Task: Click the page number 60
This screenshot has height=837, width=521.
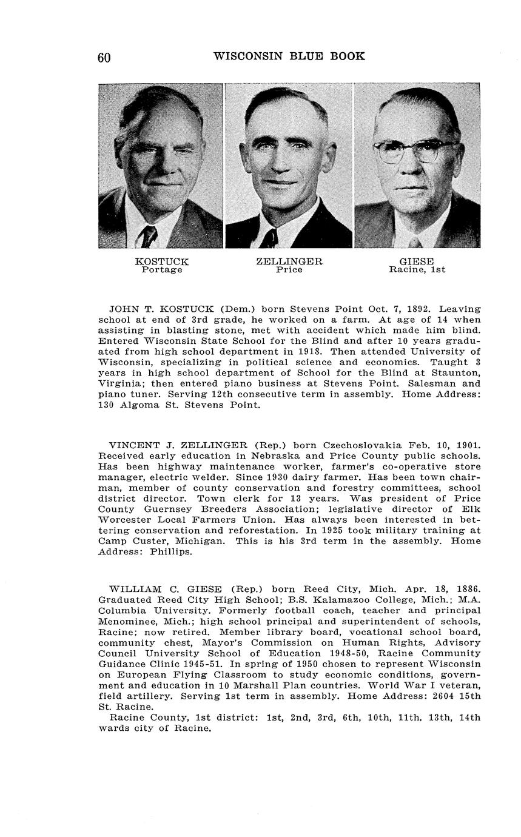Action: pos(104,58)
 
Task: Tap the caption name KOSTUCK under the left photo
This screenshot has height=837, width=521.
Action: pos(162,261)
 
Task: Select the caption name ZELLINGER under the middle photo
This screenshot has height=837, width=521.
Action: pos(289,261)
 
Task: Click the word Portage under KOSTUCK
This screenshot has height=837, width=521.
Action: pos(162,270)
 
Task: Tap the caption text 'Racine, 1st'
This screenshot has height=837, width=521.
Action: pos(417,270)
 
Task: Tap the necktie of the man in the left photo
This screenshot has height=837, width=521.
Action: pos(147,236)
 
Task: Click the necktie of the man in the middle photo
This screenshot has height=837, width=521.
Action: pos(271,238)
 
